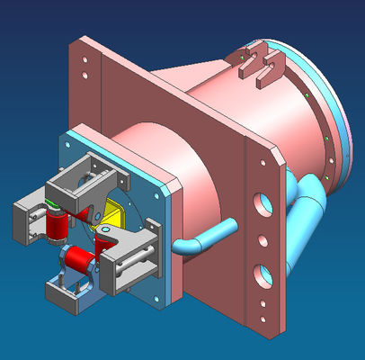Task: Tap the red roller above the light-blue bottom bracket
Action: (x=80, y=261)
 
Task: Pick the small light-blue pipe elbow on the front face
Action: (x=202, y=238)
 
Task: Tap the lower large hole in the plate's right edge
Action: (x=263, y=272)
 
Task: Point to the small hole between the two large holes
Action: (x=263, y=240)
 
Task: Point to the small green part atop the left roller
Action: (x=55, y=210)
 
